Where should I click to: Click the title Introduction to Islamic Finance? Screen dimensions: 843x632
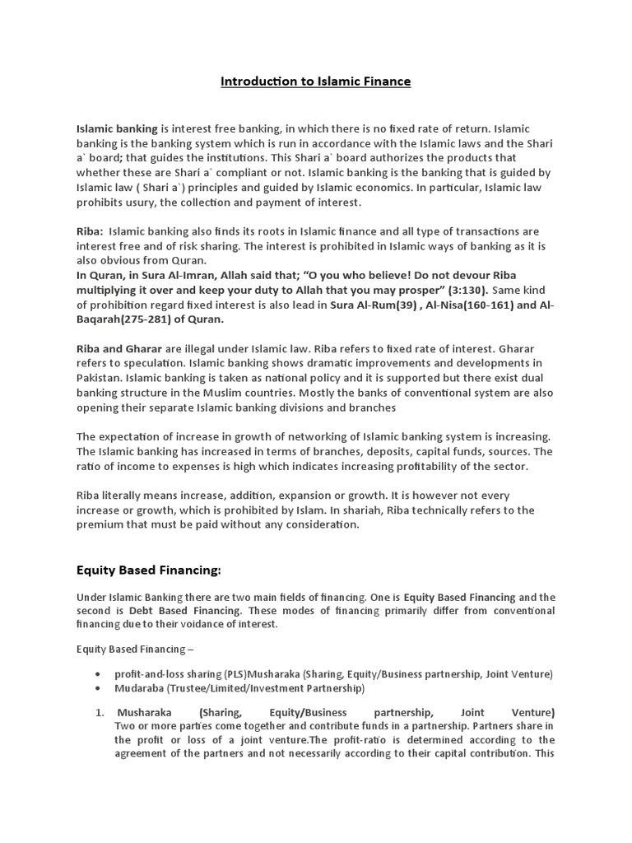coord(316,82)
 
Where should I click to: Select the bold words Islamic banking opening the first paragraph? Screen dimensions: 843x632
coord(117,129)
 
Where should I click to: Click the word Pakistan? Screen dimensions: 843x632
coord(100,377)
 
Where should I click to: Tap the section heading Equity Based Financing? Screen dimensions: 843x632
coord(149,570)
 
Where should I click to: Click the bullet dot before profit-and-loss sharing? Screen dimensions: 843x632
coord(99,673)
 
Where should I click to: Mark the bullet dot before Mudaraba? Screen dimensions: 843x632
coord(99,688)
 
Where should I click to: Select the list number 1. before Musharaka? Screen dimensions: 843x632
coord(101,712)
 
